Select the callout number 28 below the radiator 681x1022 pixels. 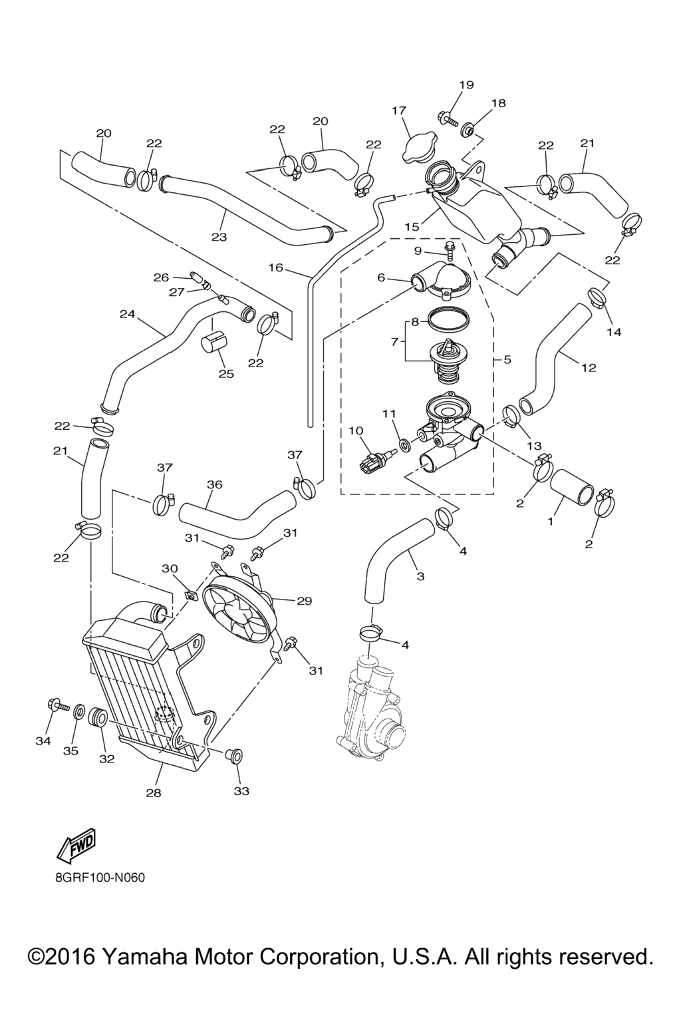tap(154, 792)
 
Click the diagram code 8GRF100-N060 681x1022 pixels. tap(100, 877)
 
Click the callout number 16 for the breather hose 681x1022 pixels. tap(276, 267)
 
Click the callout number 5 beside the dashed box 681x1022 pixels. tap(507, 360)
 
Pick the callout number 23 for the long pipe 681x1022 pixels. tap(219, 236)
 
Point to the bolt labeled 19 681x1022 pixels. tap(448, 120)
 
